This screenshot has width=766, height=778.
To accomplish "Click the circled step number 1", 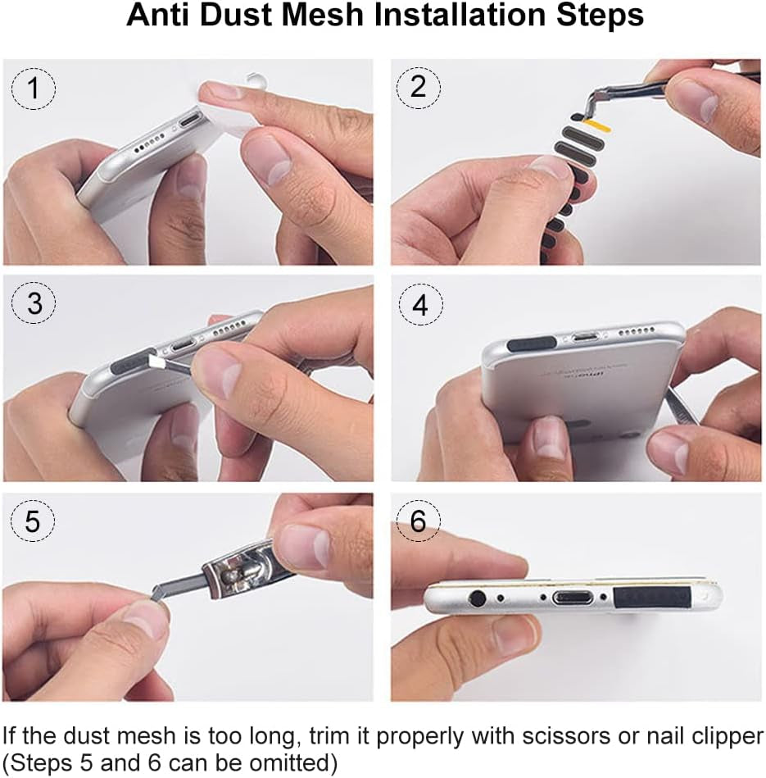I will [33, 89].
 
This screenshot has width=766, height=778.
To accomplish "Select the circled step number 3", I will [33, 304].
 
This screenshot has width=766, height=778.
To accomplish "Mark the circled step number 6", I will [419, 521].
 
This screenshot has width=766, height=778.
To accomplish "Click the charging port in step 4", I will [586, 336].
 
